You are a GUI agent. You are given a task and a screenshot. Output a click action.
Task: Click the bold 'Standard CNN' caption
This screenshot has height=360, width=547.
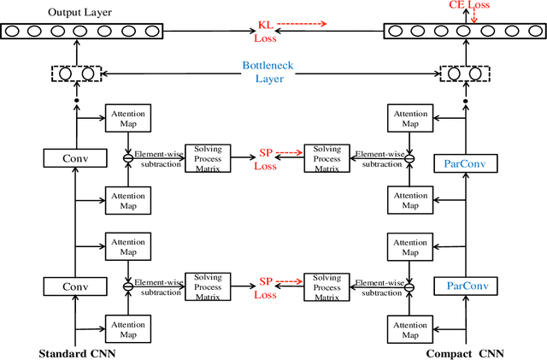[77, 352]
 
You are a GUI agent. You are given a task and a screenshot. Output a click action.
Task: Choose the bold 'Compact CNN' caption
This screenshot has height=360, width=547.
[466, 352]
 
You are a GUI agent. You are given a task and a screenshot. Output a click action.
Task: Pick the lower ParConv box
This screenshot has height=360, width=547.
[467, 285]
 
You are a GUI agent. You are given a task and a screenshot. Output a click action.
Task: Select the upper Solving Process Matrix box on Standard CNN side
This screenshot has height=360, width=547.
[208, 157]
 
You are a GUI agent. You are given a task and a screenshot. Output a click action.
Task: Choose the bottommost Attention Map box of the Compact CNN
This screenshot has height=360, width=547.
[409, 328]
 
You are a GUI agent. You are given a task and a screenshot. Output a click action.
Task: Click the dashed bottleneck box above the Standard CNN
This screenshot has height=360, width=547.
[76, 74]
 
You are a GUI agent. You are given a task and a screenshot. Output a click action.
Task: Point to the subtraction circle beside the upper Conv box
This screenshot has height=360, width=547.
[127, 157]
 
